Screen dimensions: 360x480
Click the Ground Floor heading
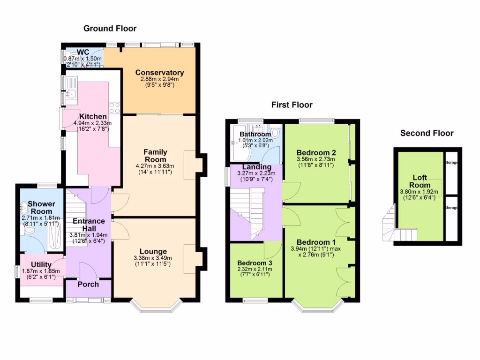point(110,29)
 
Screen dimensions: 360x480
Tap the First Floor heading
point(292,105)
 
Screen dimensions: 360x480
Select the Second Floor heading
point(427,134)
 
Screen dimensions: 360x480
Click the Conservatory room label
point(159,73)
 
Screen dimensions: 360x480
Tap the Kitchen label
point(92,117)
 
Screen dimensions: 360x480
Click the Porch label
point(88,284)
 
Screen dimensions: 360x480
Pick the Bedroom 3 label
point(255,262)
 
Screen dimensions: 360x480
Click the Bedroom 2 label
point(316,152)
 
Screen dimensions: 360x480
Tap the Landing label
point(256,167)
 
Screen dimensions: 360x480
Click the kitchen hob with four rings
point(115,108)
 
